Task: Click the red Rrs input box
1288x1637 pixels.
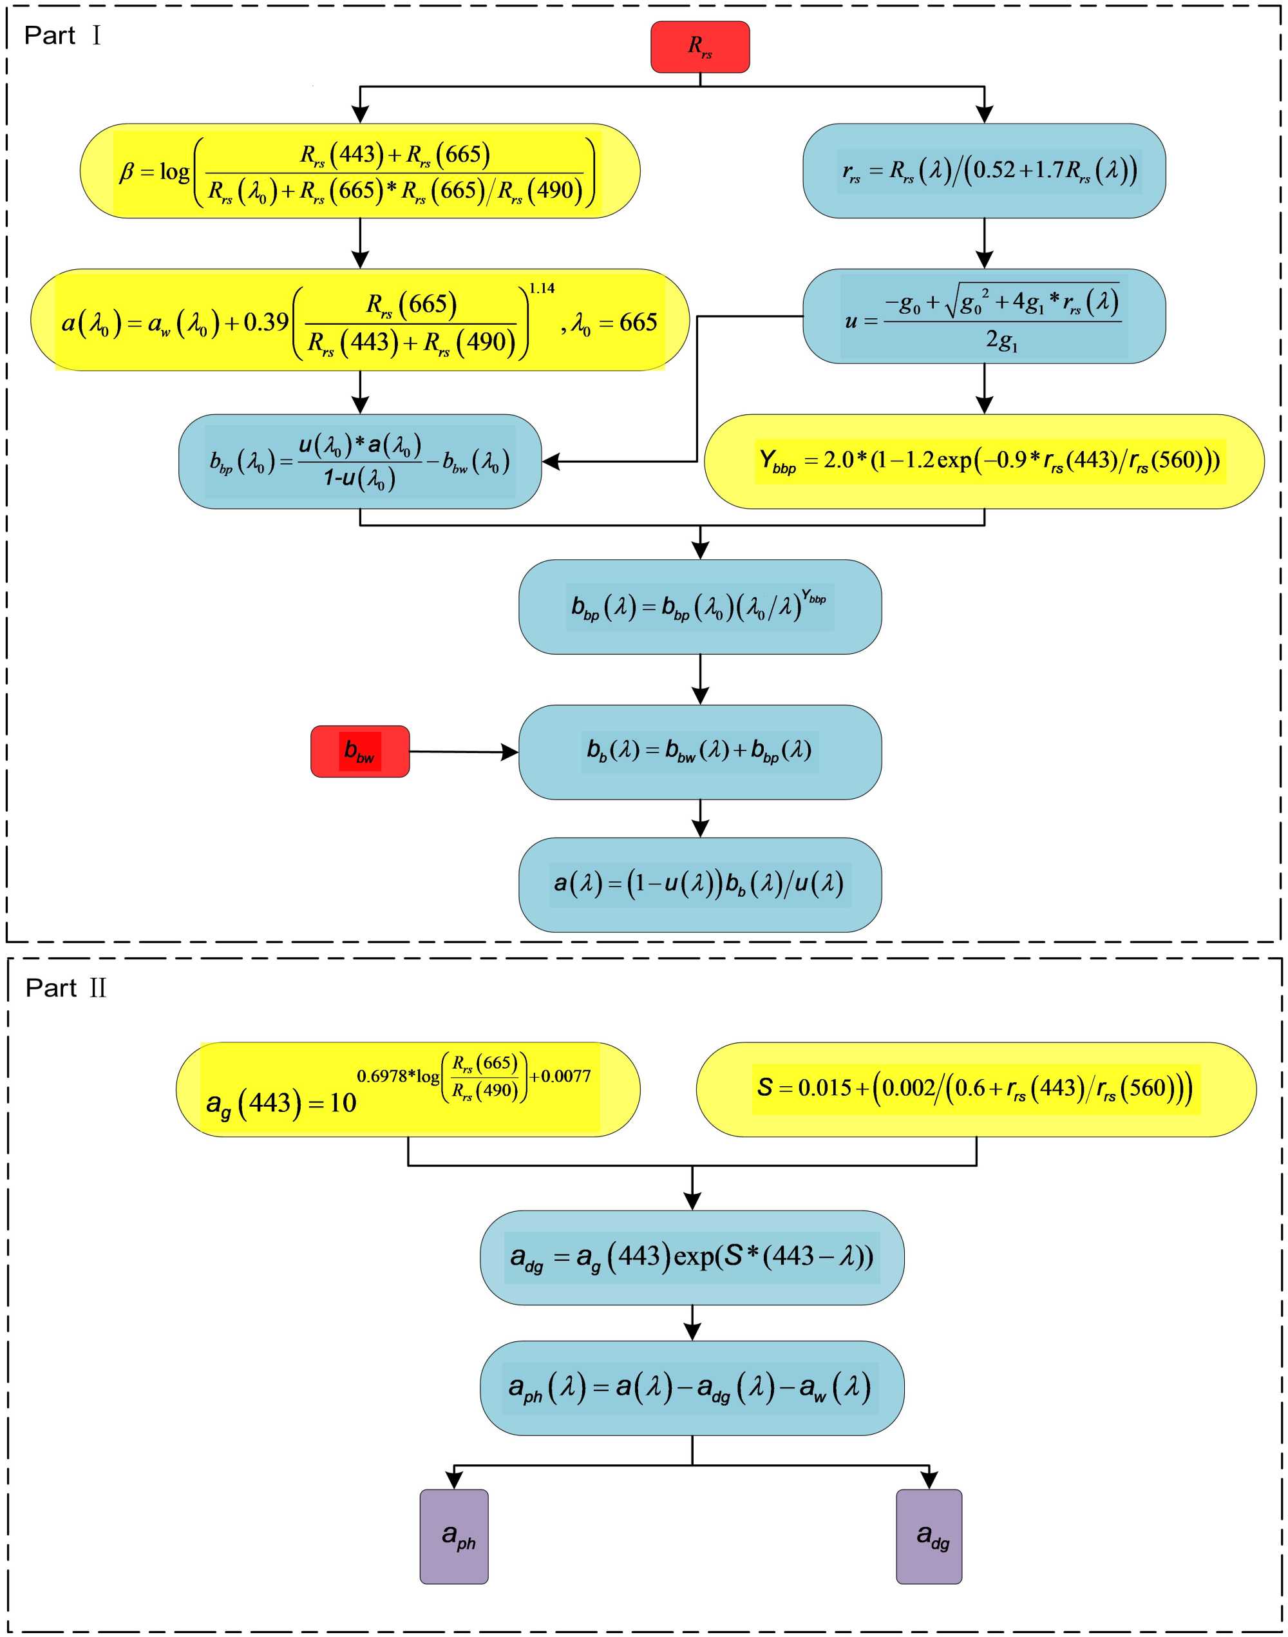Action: tap(700, 47)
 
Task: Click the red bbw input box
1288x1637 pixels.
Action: tap(360, 751)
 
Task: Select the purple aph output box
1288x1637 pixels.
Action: tap(454, 1536)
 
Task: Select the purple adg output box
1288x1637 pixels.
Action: tap(929, 1536)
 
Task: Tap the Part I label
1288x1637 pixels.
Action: tap(62, 35)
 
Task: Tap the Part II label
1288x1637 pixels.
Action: tap(66, 988)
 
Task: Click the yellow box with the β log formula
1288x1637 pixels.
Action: tap(360, 171)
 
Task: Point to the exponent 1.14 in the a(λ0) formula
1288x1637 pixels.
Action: tap(542, 288)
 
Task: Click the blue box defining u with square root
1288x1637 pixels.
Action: tap(984, 317)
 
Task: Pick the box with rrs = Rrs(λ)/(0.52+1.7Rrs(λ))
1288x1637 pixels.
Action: tap(984, 171)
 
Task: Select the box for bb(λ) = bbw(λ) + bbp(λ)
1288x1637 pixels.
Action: tap(700, 752)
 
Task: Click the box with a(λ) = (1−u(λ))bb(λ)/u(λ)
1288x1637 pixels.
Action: tap(700, 884)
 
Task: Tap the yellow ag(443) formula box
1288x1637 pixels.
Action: tap(407, 1089)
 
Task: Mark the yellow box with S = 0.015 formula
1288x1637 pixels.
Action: tap(976, 1089)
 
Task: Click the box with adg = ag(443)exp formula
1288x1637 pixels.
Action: tap(692, 1258)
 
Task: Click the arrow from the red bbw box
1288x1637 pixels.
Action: tap(463, 752)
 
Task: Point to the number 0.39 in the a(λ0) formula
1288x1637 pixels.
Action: tap(265, 323)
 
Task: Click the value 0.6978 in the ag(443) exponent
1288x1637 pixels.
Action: tap(382, 1076)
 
